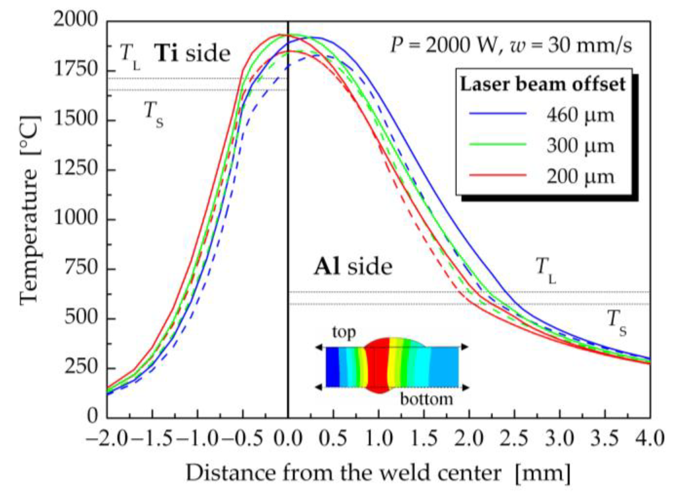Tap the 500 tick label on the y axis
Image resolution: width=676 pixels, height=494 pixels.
[x=81, y=317]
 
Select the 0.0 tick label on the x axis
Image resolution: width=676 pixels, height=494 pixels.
[x=288, y=438]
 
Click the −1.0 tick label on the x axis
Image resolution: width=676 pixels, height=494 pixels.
[x=197, y=438]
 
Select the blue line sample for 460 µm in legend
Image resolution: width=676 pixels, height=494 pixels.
[x=498, y=113]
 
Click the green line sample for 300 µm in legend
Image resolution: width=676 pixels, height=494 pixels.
[x=498, y=144]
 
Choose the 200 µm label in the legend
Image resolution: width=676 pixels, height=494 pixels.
[x=581, y=177]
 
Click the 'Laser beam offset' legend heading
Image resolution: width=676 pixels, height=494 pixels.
[x=543, y=84]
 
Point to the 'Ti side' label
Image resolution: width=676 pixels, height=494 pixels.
[x=192, y=53]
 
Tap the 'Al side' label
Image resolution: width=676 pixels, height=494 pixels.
[x=353, y=267]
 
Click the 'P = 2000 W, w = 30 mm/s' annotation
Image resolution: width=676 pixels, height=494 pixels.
[x=511, y=45]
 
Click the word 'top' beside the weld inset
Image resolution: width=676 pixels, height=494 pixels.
[x=344, y=332]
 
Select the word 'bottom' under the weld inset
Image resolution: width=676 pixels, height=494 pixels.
[x=426, y=399]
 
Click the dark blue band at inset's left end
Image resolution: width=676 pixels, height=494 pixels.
[x=332, y=367]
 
